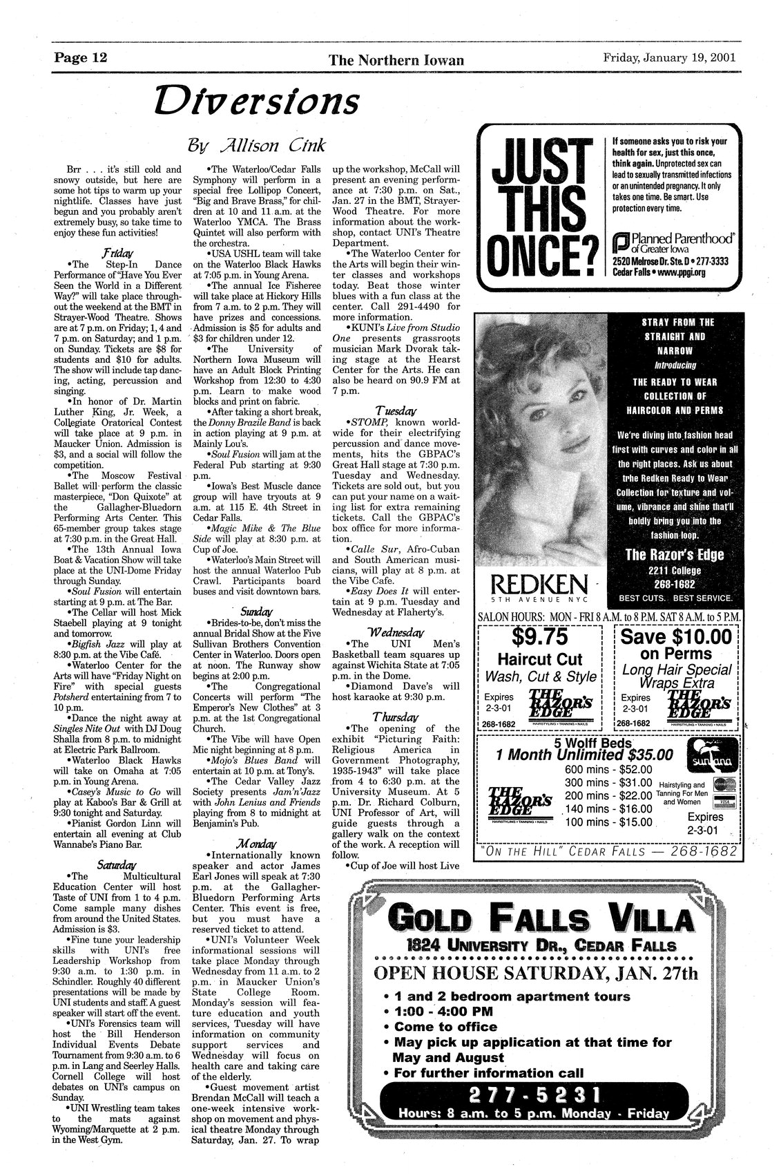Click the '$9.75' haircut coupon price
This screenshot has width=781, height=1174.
pos(540,634)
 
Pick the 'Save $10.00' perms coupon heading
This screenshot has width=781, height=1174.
pos(677,635)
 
